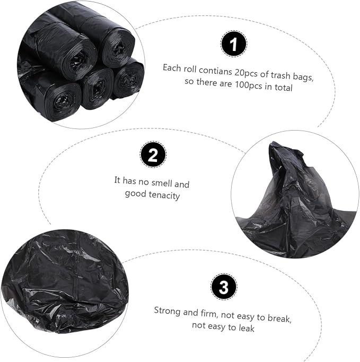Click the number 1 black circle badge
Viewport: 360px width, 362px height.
point(234,44)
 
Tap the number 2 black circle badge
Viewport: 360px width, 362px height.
point(153,154)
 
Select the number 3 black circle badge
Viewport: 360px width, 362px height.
point(223,287)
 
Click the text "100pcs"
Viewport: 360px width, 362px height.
point(249,85)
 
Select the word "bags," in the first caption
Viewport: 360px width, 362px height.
point(303,77)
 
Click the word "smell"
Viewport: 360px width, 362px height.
point(162,183)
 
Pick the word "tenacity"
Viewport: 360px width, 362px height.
point(164,195)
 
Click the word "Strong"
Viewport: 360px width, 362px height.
point(168,311)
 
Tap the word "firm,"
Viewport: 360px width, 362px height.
point(209,314)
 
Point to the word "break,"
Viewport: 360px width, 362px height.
point(279,318)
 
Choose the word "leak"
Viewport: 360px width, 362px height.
point(247,328)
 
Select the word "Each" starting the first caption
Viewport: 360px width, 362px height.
point(172,68)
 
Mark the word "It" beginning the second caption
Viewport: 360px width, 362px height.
point(117,180)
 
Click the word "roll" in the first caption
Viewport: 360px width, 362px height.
point(190,69)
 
